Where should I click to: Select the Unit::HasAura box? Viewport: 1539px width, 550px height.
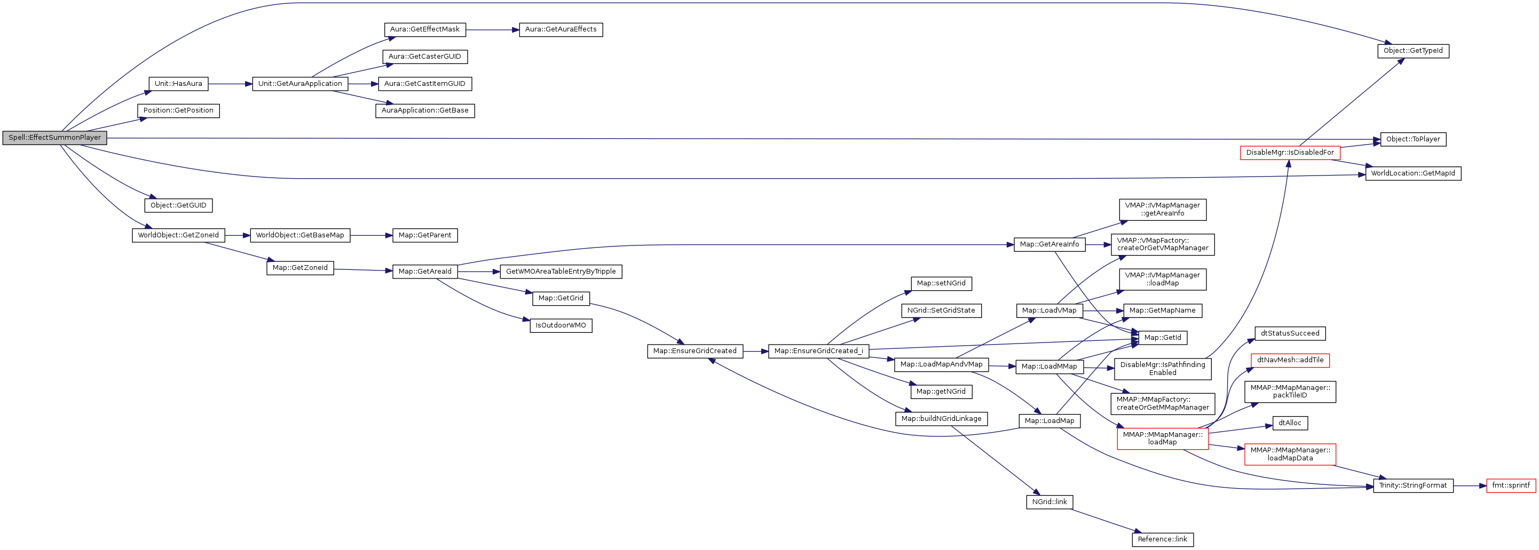point(178,84)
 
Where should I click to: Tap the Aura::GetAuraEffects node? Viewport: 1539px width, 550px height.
point(561,29)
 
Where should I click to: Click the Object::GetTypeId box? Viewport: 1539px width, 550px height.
point(1412,51)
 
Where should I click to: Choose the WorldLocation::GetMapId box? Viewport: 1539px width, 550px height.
point(1412,174)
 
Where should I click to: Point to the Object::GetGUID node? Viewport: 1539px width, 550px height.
point(178,205)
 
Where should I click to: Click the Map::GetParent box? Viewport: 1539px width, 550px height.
point(424,235)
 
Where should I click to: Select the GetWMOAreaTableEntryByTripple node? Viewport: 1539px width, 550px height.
point(561,272)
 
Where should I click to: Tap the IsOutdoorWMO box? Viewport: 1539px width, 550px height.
point(561,325)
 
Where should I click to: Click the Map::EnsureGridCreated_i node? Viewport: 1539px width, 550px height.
point(818,351)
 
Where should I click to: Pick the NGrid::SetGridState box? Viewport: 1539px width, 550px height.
point(941,310)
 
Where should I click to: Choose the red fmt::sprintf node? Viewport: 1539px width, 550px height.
point(1510,485)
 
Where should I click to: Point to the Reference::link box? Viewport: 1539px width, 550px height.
point(1162,539)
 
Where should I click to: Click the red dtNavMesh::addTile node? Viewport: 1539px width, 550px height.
point(1290,360)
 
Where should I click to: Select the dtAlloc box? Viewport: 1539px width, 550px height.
point(1290,423)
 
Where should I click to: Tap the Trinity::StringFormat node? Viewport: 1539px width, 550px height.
point(1412,485)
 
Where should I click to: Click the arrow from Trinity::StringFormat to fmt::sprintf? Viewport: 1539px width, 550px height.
point(1470,485)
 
